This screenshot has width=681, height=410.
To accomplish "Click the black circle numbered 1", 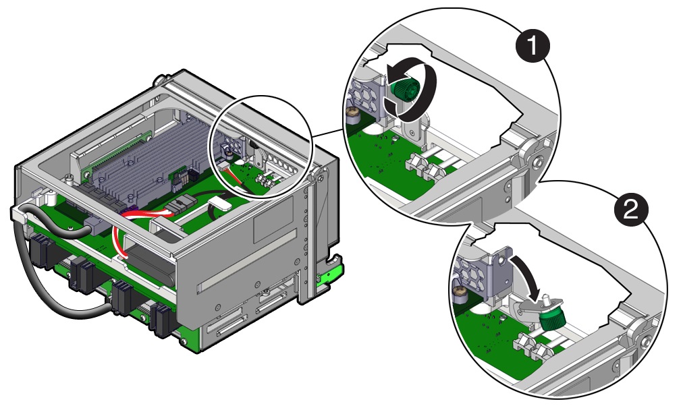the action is (532, 47).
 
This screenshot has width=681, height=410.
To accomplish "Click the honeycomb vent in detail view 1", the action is (362, 96).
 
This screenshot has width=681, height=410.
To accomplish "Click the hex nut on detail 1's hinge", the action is (538, 163).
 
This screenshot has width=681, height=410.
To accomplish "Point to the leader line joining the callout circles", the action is (328, 132).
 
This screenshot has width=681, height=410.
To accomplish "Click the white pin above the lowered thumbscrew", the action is (546, 299).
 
